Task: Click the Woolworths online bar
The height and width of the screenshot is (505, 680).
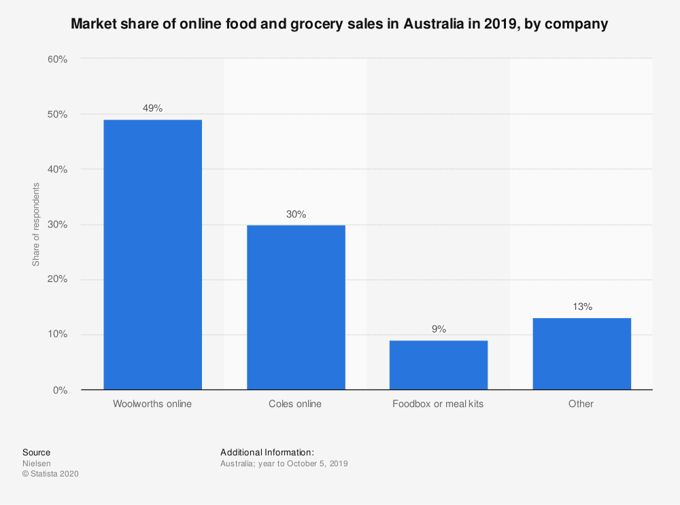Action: click(152, 254)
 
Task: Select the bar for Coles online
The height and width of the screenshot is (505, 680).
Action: click(296, 307)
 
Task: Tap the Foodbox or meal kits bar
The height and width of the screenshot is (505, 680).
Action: click(439, 365)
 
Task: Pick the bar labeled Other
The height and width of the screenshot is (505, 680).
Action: click(581, 353)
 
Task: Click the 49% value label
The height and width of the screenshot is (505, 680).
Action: click(152, 108)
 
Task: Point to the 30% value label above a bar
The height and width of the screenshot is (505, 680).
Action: click(296, 214)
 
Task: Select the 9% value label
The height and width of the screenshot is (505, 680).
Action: click(439, 329)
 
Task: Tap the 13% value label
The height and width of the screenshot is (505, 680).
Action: click(582, 307)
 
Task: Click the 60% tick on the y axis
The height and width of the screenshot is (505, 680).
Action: click(58, 59)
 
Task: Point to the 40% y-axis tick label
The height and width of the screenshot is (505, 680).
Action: click(58, 169)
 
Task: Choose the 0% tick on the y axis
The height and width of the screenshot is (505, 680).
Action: click(61, 390)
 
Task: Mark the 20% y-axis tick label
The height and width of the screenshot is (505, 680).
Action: click(58, 279)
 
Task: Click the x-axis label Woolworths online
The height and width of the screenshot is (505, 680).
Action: click(152, 404)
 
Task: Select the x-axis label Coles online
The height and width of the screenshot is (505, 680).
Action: click(296, 404)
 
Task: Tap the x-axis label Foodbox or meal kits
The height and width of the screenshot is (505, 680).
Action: click(439, 404)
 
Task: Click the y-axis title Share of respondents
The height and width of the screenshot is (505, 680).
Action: click(36, 224)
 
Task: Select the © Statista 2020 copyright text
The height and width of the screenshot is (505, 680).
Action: click(50, 474)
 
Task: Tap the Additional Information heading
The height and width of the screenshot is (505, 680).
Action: click(267, 452)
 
